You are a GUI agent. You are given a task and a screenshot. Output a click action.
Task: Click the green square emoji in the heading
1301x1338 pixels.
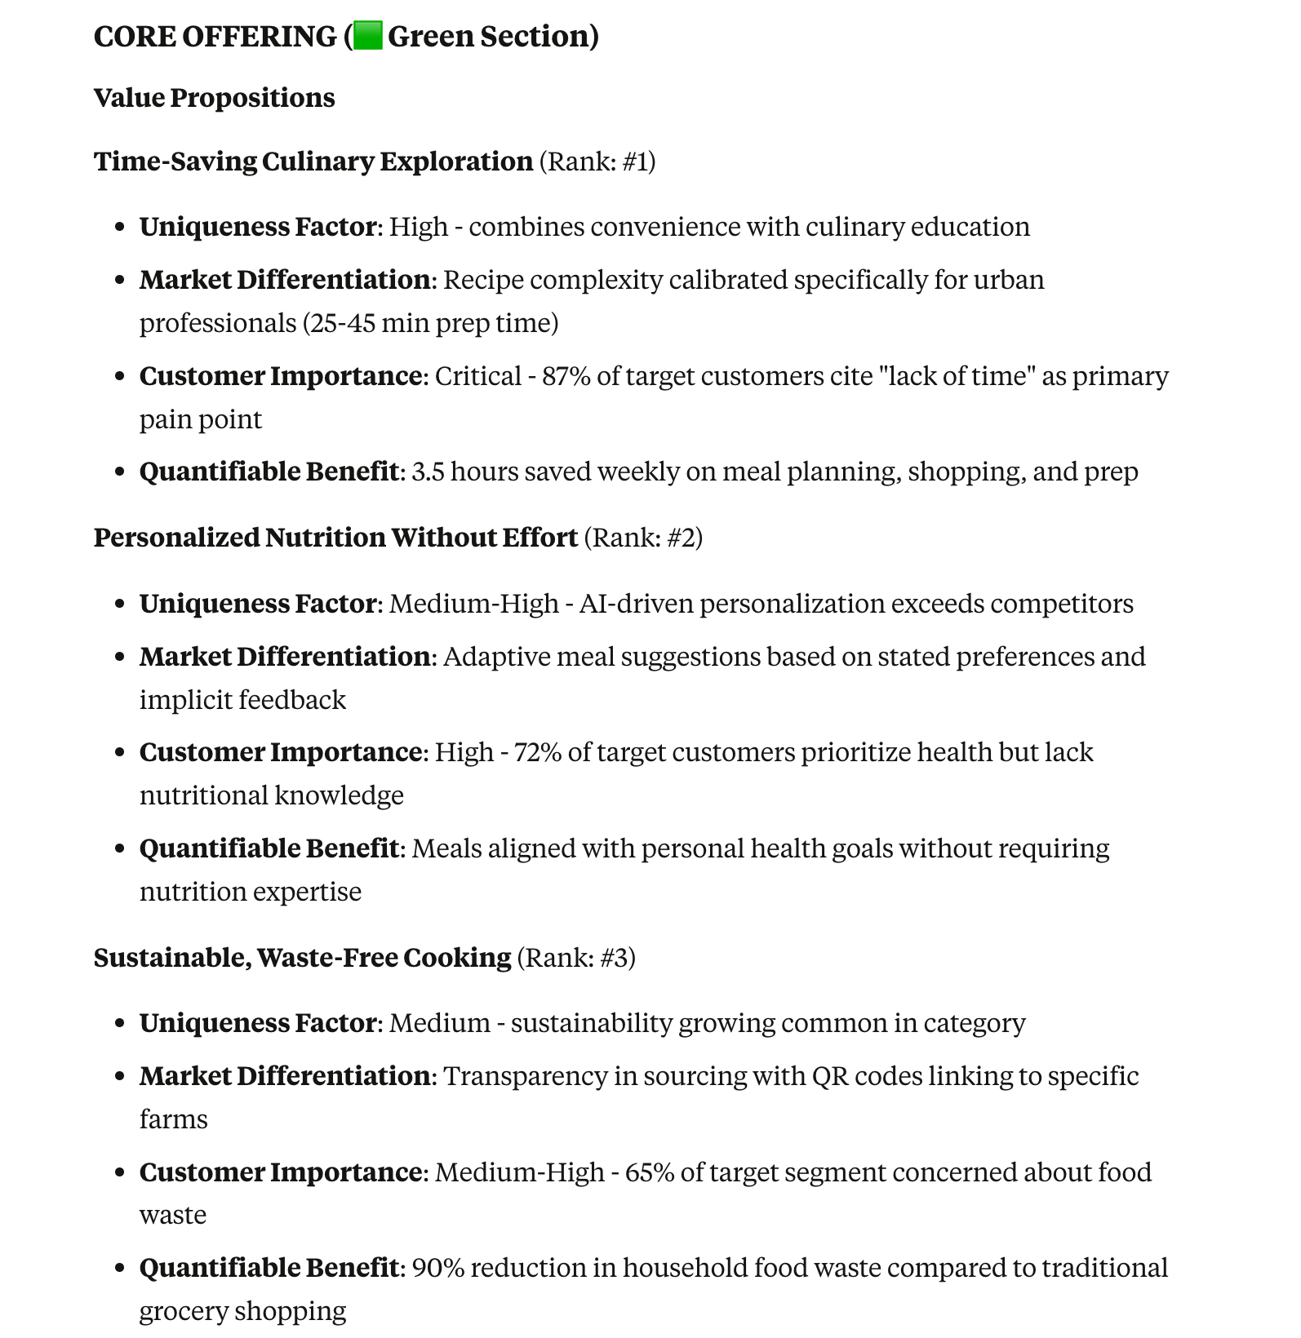pos(369,37)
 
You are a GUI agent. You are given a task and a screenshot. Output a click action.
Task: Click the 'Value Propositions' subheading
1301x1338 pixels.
pos(214,98)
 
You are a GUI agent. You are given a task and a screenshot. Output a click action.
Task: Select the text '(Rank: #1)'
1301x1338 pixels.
pos(597,162)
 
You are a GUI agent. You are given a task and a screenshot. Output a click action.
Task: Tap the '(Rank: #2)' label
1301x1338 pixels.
pos(643,538)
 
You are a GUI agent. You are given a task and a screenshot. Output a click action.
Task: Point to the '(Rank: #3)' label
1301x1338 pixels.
pos(576,957)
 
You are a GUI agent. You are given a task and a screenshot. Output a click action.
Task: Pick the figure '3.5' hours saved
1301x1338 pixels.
pos(428,472)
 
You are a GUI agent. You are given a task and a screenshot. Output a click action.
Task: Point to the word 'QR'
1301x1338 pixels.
pos(830,1076)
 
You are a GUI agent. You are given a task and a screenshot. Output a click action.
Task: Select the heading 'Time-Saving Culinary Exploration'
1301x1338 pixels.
pos(313,162)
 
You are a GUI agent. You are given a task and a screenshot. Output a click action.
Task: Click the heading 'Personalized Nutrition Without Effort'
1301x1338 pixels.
pos(335,538)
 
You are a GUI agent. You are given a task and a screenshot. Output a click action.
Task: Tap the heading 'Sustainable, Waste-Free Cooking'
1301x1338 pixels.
pos(302,957)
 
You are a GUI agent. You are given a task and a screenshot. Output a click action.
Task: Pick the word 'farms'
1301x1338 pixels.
pos(173,1119)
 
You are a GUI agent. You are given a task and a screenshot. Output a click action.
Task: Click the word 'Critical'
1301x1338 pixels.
pos(477,376)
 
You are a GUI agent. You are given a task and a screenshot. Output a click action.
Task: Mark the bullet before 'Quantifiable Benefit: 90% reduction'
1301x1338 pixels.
pos(120,1269)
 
